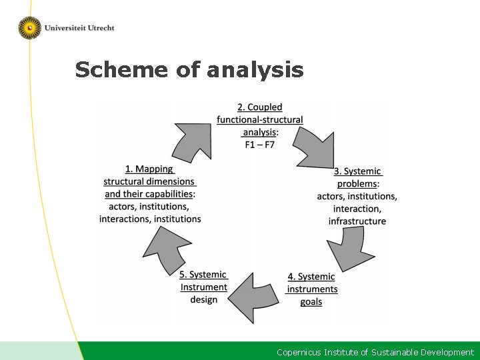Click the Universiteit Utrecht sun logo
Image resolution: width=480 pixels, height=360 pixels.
point(29,27)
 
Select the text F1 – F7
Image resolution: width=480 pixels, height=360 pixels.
point(259,144)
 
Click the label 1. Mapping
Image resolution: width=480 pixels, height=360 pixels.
point(149,169)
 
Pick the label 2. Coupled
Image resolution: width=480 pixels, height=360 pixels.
point(259,107)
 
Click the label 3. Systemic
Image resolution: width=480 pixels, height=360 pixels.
point(358,171)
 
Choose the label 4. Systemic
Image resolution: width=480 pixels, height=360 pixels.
point(311,277)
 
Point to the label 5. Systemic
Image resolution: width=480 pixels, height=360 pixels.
point(203,275)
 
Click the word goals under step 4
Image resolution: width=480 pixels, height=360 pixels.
point(311,302)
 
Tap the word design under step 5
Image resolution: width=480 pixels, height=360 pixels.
point(203,299)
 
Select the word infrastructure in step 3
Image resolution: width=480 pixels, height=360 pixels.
point(357,221)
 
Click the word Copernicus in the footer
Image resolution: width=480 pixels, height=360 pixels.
point(299,352)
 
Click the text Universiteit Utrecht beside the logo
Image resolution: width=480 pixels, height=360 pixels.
point(79,28)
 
